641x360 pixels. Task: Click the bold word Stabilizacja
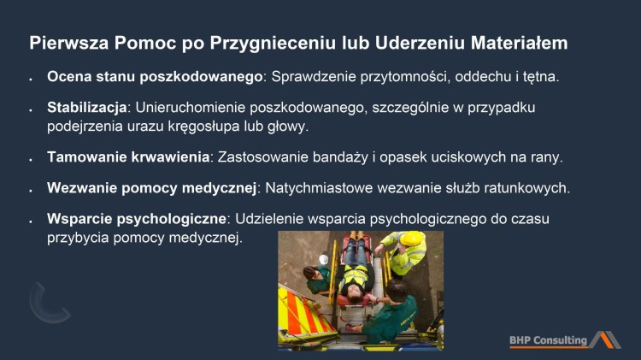click(86, 109)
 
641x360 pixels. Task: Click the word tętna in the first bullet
click(538, 77)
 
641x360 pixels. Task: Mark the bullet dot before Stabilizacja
click(30, 110)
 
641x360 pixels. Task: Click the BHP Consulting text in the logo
click(548, 340)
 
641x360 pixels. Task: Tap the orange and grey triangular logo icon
click(605, 339)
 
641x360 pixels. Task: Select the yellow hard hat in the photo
click(413, 239)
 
